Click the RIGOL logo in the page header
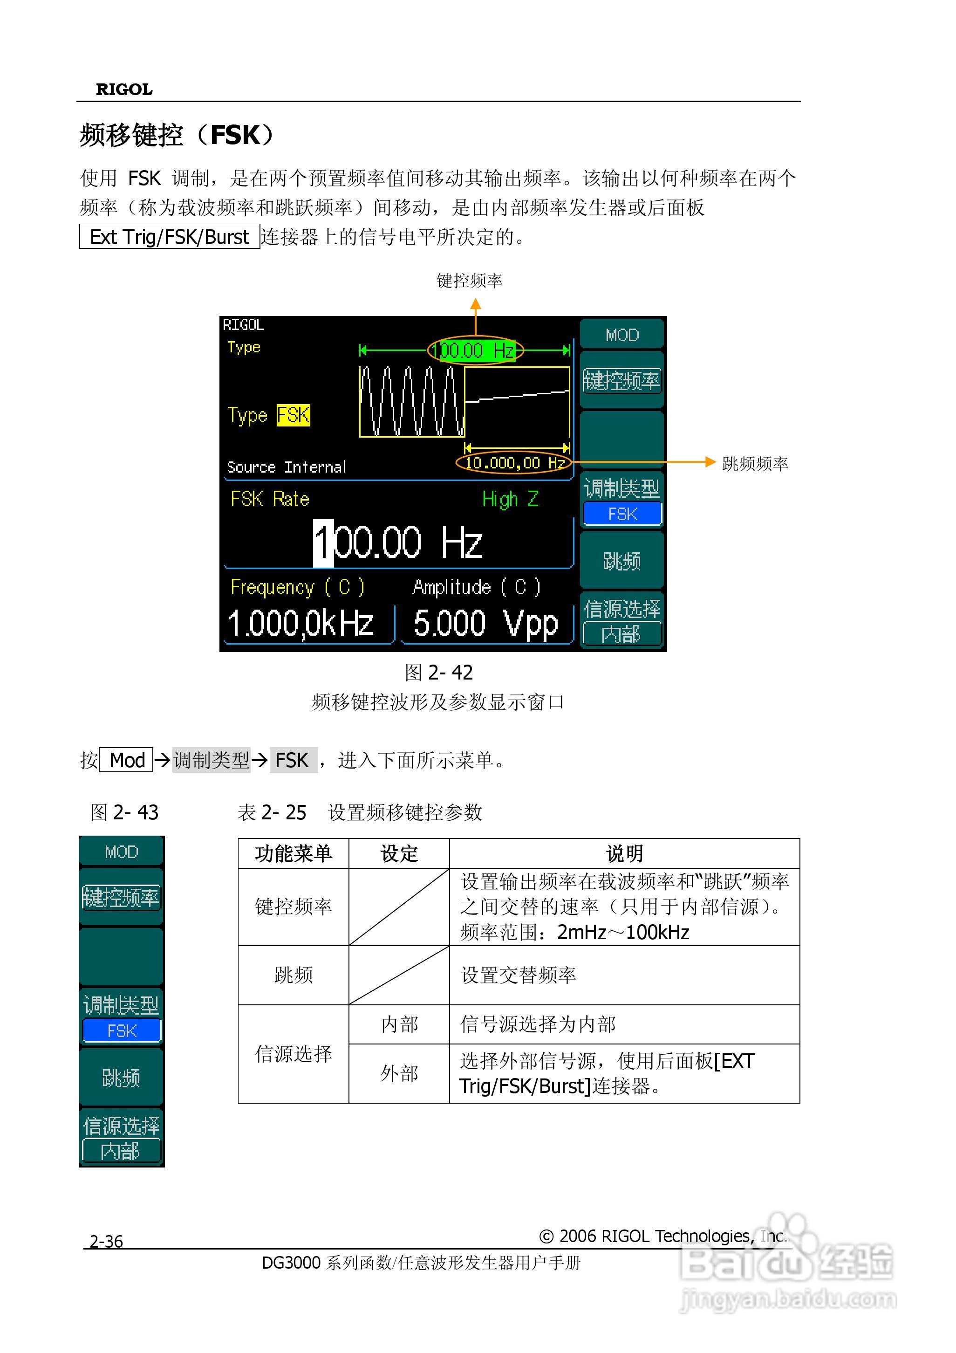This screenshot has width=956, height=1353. (x=124, y=89)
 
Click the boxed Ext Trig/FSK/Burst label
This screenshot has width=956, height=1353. (x=169, y=236)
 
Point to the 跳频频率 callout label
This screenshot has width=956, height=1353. (x=755, y=464)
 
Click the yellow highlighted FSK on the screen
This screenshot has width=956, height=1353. (x=294, y=415)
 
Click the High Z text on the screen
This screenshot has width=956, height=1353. (x=510, y=499)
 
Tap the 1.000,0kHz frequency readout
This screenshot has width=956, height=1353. (x=301, y=624)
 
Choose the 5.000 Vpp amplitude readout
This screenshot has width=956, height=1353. (x=485, y=624)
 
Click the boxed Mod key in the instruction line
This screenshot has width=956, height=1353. (x=127, y=760)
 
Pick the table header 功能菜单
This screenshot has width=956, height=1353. (x=294, y=853)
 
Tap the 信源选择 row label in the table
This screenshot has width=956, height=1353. (x=294, y=1054)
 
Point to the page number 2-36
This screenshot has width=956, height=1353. (x=106, y=1241)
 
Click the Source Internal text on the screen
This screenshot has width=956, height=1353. (x=286, y=467)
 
